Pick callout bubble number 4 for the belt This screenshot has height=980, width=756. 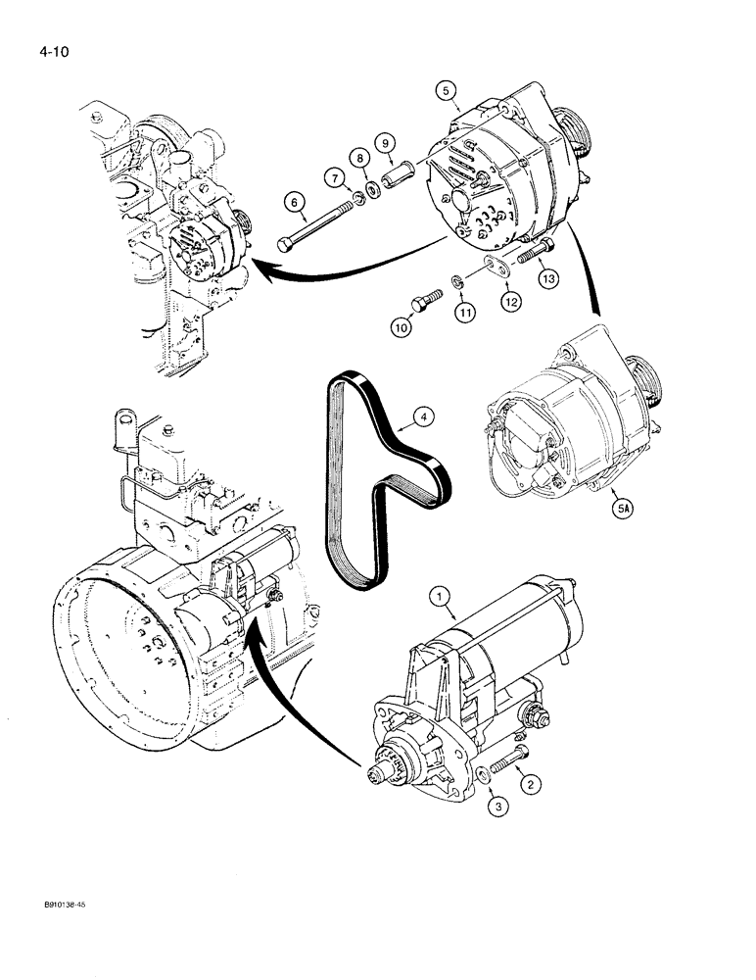[423, 417]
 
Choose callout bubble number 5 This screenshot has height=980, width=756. [447, 91]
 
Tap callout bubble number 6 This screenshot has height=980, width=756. [292, 203]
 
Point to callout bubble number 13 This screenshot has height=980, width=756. [546, 279]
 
